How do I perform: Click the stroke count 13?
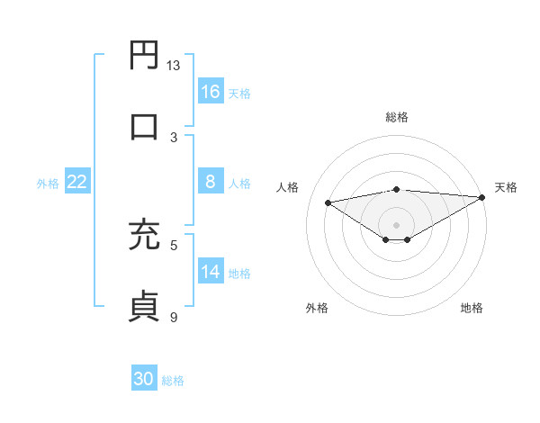(174, 66)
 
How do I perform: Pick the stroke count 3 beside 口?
(174, 137)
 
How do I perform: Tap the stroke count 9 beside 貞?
(174, 317)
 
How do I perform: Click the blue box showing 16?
(211, 92)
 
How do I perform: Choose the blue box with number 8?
(211, 182)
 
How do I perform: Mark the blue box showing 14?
(211, 272)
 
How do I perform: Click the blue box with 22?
(77, 182)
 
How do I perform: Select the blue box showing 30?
(144, 380)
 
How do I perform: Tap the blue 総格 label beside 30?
(173, 381)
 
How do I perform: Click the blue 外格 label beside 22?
(48, 183)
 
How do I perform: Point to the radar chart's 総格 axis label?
(397, 117)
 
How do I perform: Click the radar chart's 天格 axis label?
(506, 187)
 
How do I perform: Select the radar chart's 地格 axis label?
(472, 308)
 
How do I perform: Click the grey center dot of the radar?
(397, 224)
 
